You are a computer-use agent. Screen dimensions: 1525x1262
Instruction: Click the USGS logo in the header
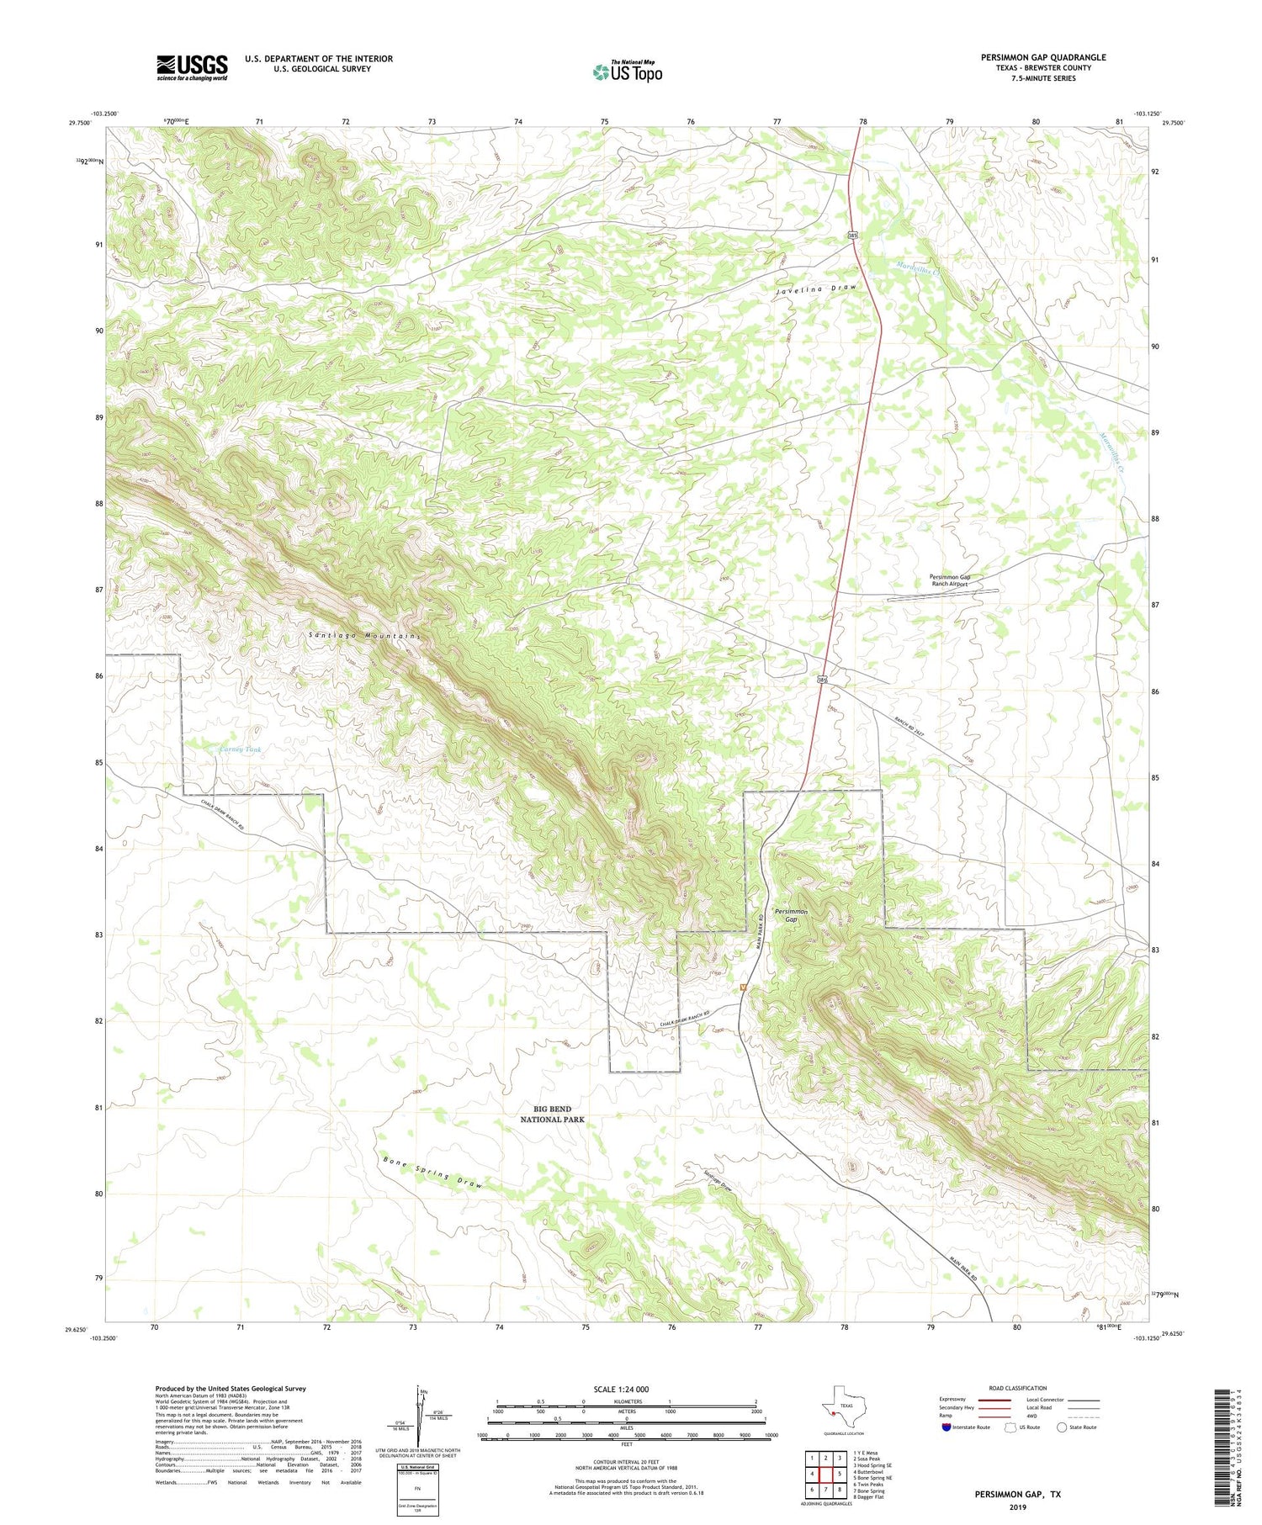tap(192, 67)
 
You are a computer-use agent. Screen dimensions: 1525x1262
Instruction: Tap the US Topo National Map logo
tap(627, 71)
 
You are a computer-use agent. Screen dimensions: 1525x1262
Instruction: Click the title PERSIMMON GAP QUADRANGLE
tap(1043, 57)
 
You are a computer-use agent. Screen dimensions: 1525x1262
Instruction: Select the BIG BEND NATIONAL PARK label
tap(552, 1115)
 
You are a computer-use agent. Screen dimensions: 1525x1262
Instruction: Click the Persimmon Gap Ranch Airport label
tap(950, 580)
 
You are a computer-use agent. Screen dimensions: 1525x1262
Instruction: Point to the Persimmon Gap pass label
tap(791, 915)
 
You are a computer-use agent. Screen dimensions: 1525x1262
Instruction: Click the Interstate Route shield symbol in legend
tap(947, 1427)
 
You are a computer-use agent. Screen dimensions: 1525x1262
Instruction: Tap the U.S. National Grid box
tap(417, 1490)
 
